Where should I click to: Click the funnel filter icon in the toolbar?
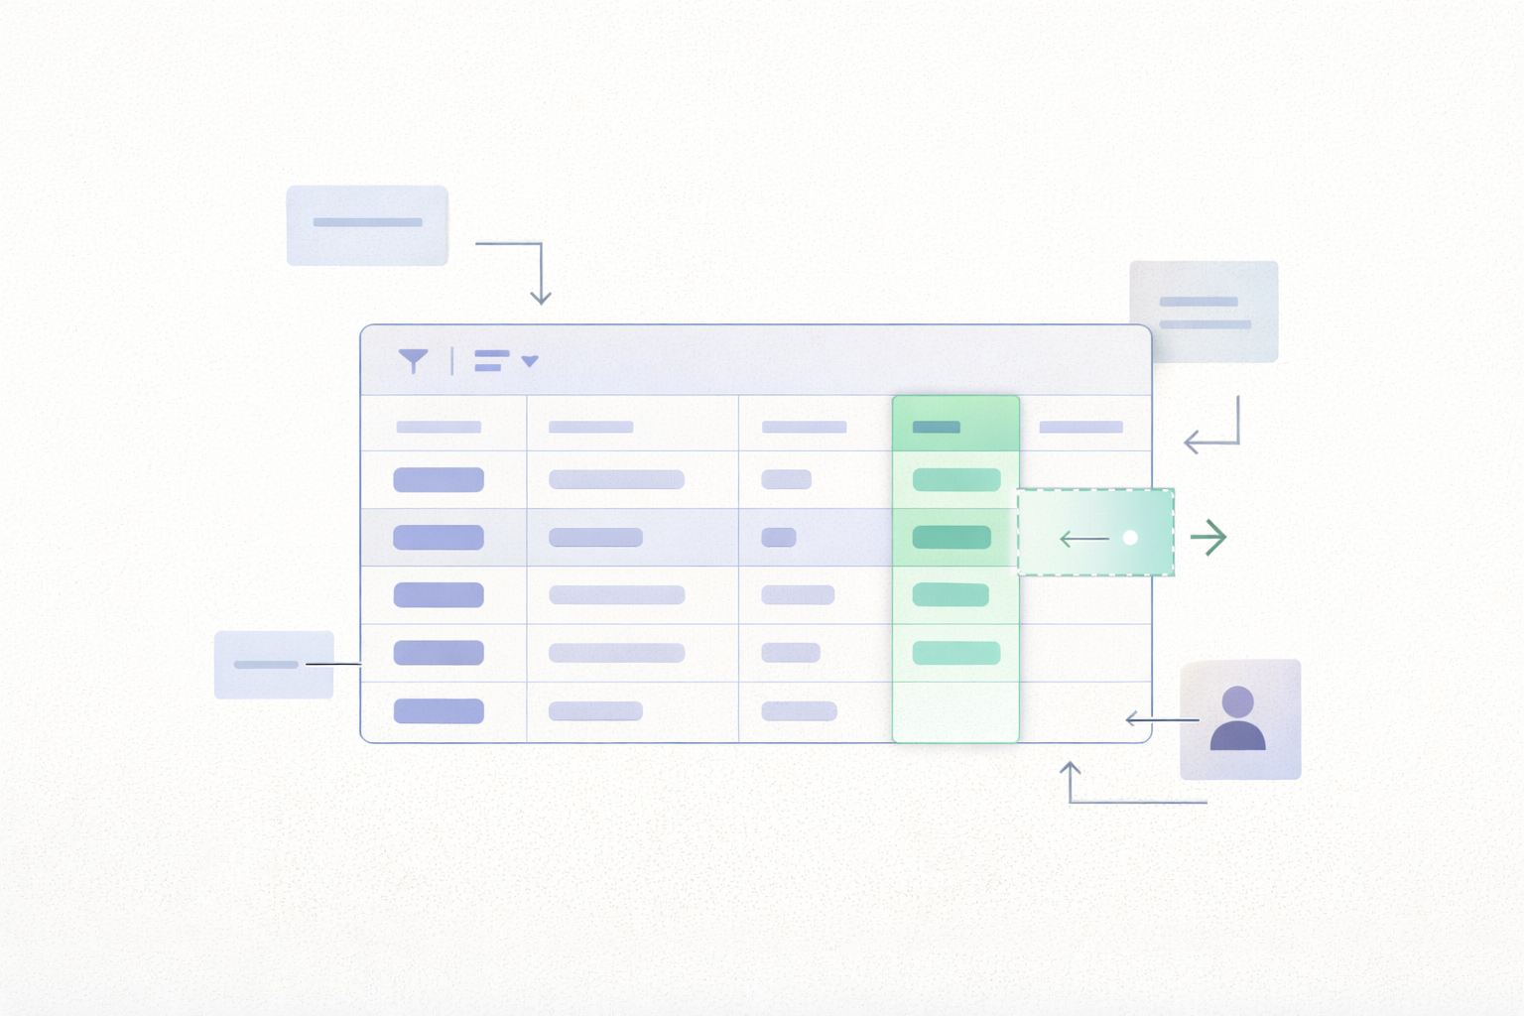click(414, 361)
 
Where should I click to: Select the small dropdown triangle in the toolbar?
click(530, 361)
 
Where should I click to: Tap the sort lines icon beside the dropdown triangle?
click(491, 361)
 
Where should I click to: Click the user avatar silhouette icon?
click(1238, 718)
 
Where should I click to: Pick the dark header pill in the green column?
click(936, 427)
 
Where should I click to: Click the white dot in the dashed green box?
click(1130, 538)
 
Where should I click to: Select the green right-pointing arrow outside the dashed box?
click(1208, 538)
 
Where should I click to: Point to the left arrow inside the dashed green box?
click(1083, 539)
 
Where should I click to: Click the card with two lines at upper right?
click(1204, 312)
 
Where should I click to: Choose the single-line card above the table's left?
click(367, 225)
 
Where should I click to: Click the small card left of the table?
click(274, 665)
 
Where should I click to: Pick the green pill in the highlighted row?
click(952, 538)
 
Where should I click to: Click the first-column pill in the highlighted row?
click(439, 538)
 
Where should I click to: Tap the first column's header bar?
click(439, 427)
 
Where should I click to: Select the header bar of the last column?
click(1080, 427)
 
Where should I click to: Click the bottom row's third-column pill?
click(799, 711)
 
